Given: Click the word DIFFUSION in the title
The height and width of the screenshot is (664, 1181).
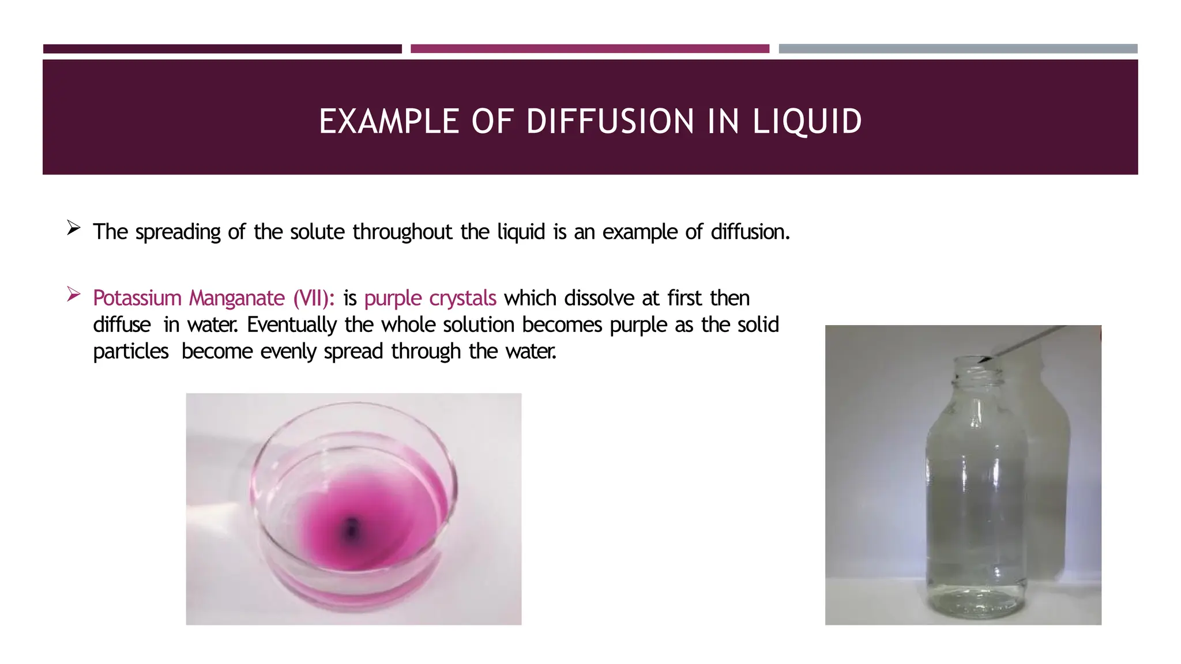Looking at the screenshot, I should coord(610,122).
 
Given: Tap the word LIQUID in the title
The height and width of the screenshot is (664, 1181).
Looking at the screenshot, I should coord(807,122).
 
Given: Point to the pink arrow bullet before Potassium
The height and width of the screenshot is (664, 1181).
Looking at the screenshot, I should coord(73,295).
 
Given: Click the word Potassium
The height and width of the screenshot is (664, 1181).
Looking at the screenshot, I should coord(137,298).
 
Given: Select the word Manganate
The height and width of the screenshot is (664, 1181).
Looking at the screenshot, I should coord(237,298).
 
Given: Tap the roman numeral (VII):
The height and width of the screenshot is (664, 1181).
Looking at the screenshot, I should coord(314,298).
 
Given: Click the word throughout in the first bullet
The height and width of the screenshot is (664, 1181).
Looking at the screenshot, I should coord(403,232).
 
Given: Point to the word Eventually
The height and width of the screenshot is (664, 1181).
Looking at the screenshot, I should coord(292,325).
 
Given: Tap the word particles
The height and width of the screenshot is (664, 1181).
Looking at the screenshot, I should coord(131,351).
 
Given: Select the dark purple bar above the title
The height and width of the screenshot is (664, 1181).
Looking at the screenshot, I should coord(223,49).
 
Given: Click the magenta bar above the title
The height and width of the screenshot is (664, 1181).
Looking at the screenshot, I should coord(590,49).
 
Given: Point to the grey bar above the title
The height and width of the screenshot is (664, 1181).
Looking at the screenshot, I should coord(958,49).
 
